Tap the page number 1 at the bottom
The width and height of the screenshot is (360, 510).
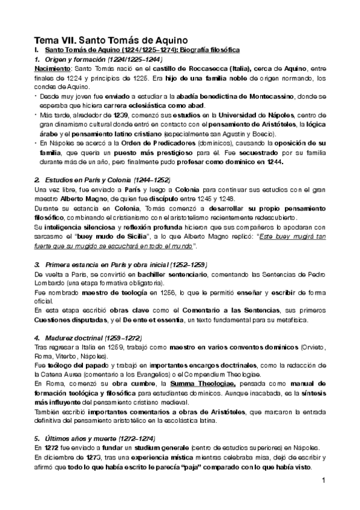pyautogui.click(x=323, y=481)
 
